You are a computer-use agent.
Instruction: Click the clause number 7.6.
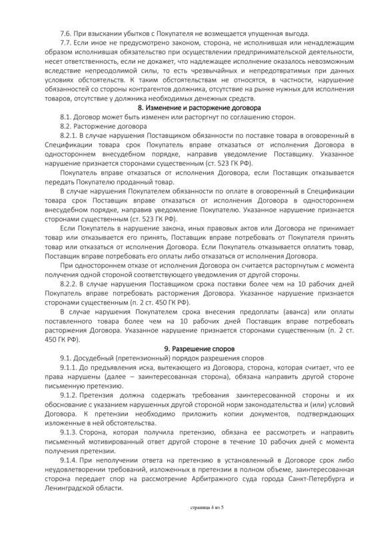(66, 33)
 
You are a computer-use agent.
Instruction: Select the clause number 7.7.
(66, 42)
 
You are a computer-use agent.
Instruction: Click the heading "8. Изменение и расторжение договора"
(198, 107)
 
